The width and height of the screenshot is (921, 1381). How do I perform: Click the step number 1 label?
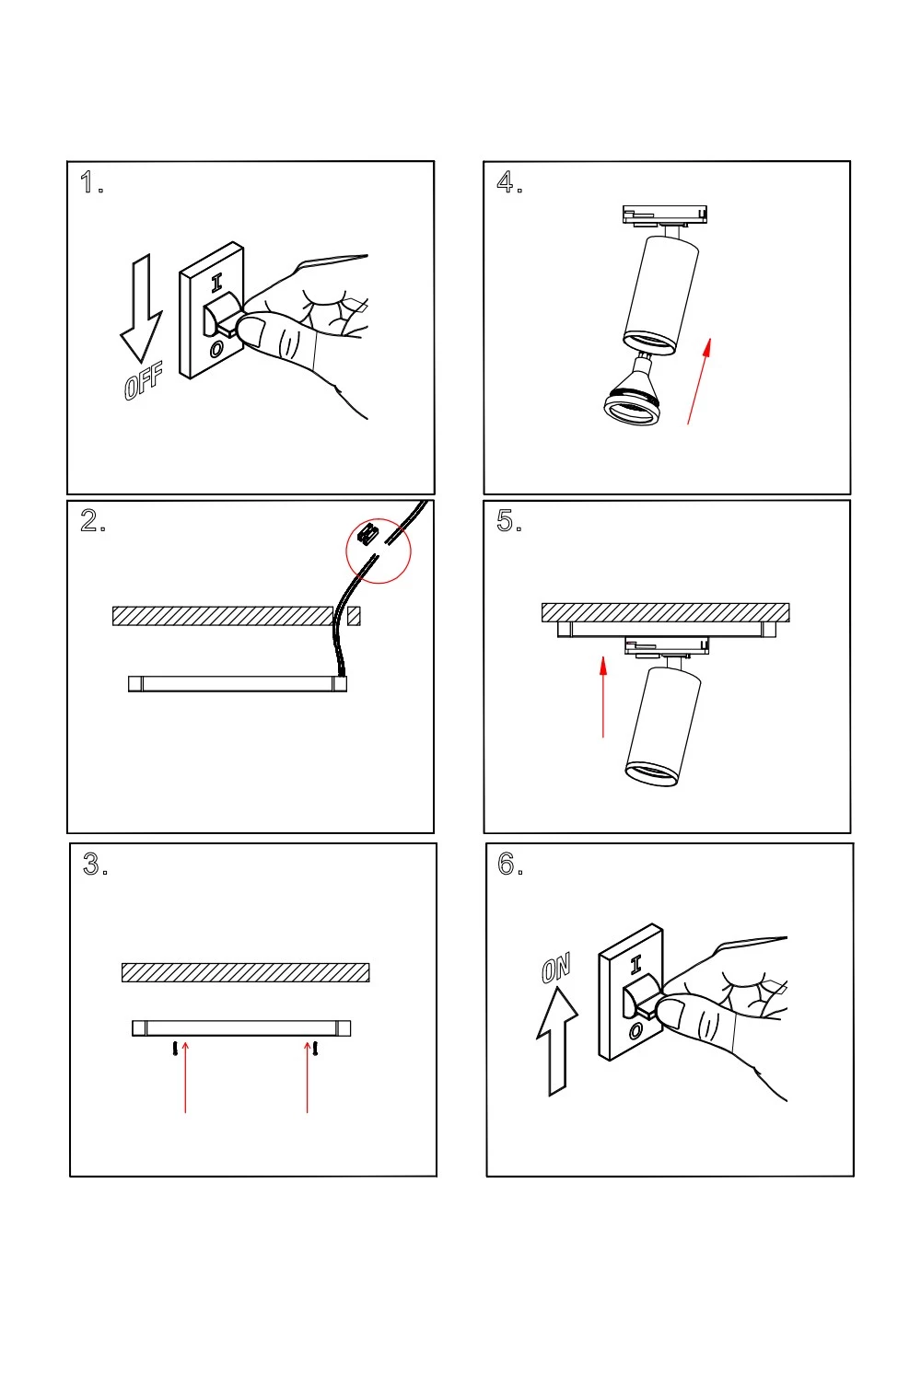pyautogui.click(x=89, y=182)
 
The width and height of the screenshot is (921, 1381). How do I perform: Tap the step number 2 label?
pyautogui.click(x=91, y=521)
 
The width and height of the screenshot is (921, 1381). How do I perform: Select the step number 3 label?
pyautogui.click(x=94, y=865)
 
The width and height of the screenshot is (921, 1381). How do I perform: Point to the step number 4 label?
pyautogui.click(x=507, y=182)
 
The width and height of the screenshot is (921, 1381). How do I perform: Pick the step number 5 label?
pyautogui.click(x=507, y=521)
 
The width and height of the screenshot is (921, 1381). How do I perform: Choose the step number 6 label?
pyautogui.click(x=508, y=865)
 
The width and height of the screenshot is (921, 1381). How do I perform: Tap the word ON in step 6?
pyautogui.click(x=556, y=969)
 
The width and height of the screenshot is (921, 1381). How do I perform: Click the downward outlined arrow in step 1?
pyautogui.click(x=141, y=308)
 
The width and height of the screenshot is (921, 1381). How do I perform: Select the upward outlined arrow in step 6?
pyautogui.click(x=556, y=1040)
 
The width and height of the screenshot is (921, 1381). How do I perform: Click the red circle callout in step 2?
pyautogui.click(x=379, y=551)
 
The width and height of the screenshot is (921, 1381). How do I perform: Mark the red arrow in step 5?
pyautogui.click(x=603, y=696)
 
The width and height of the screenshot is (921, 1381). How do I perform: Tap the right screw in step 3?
pyautogui.click(x=316, y=1049)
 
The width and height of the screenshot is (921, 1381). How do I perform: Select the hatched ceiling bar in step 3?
pyautogui.click(x=245, y=972)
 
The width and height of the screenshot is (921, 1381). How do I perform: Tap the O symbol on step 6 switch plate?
pyautogui.click(x=635, y=1032)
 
